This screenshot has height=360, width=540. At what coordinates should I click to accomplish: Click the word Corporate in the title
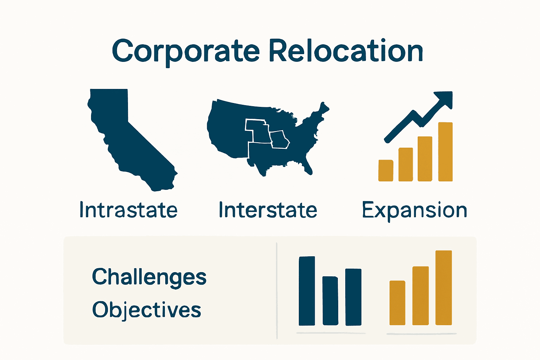(186, 51)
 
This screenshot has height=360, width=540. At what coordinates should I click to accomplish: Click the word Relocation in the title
(346, 51)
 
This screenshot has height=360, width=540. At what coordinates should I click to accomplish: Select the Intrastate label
(128, 210)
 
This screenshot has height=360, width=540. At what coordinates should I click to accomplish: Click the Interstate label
(268, 210)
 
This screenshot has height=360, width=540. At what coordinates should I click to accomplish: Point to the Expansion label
(414, 211)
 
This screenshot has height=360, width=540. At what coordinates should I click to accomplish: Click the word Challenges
(149, 277)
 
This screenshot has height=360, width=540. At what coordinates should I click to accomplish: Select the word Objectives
(147, 310)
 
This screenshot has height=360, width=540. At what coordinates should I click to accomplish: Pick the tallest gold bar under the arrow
(445, 152)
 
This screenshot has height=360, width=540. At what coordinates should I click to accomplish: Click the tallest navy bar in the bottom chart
(307, 291)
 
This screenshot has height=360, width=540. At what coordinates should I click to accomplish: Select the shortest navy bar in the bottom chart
(330, 301)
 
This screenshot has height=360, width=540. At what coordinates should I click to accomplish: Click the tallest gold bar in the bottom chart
(443, 288)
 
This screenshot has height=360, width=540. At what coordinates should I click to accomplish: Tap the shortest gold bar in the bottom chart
(397, 303)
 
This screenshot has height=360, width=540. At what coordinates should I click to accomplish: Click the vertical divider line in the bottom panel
(277, 290)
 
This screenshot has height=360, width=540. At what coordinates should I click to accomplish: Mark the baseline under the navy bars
(330, 333)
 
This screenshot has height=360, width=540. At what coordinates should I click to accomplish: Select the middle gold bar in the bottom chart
(420, 296)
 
